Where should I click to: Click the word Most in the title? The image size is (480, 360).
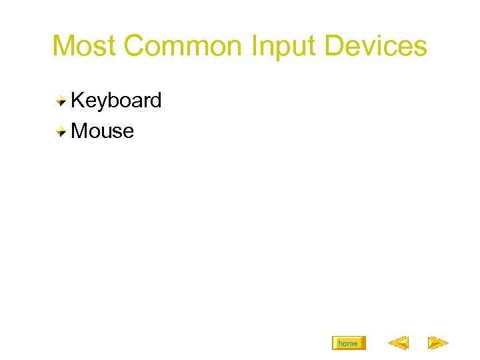tap(85, 47)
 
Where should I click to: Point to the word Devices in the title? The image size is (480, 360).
tap(373, 47)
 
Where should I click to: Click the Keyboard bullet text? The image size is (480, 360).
tap(116, 101)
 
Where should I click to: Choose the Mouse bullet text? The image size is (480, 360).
tap(102, 131)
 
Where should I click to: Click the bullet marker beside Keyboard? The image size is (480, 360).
tap(61, 101)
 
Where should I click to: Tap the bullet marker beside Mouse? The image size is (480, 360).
tap(61, 131)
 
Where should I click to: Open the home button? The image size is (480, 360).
tap(348, 343)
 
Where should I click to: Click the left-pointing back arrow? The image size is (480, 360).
tap(398, 343)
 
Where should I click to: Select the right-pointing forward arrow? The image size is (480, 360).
tap(437, 343)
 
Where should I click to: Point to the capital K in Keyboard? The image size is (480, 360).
tap(77, 101)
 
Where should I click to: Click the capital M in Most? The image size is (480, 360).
tap(64, 47)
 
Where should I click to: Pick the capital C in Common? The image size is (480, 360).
tap(136, 47)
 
